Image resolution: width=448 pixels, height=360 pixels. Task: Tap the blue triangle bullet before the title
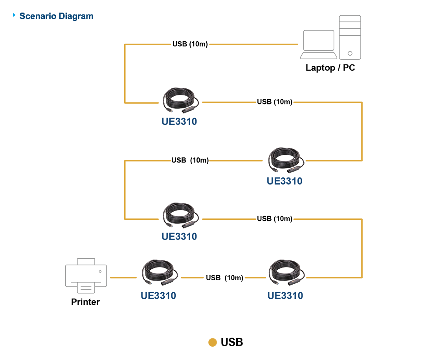(15, 15)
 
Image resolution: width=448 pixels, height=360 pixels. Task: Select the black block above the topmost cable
(190, 39)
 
